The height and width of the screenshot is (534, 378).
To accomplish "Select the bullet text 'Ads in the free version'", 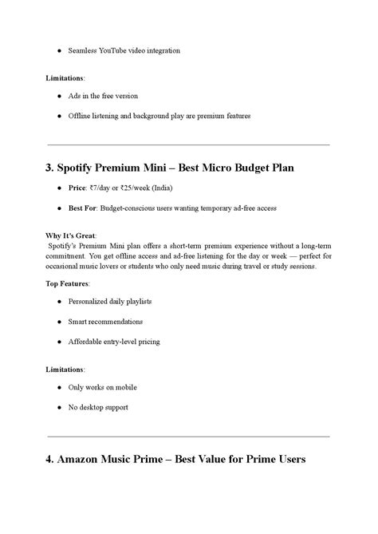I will click(103, 96).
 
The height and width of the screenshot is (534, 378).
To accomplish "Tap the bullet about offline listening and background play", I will click(159, 116).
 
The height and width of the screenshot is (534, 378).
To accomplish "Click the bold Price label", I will click(78, 188).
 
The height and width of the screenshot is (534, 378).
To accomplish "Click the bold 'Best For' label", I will click(84, 208).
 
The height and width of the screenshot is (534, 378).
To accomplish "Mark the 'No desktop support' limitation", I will click(97, 407).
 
